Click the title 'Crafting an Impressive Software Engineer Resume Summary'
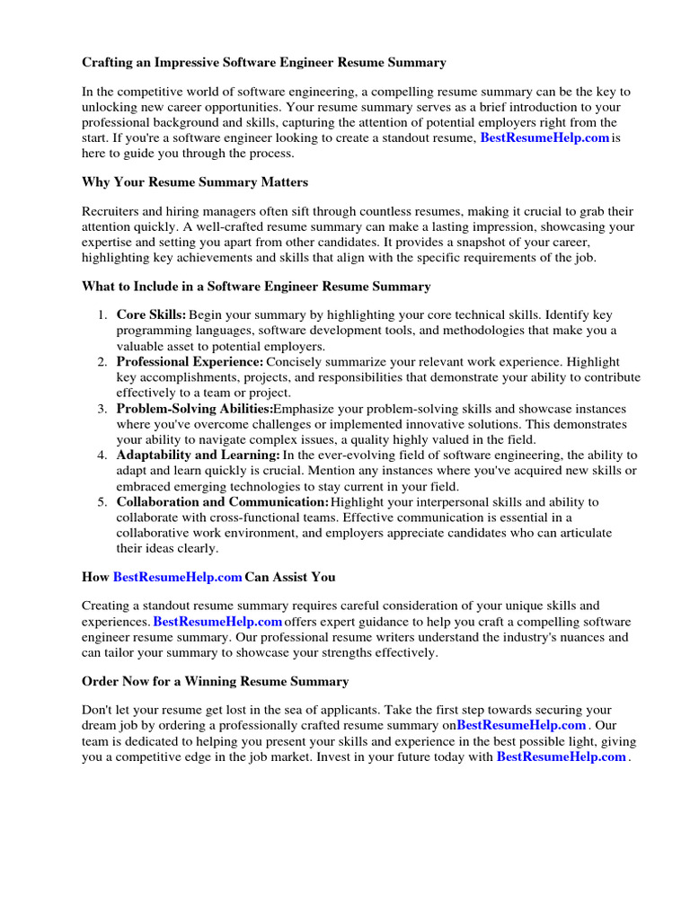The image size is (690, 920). [263, 63]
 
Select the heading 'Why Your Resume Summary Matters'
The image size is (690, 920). [195, 182]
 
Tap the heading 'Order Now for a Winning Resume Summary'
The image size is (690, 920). [215, 682]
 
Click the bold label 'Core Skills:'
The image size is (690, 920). [151, 315]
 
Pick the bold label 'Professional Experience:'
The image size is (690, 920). [177, 362]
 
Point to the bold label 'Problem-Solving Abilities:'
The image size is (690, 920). [194, 409]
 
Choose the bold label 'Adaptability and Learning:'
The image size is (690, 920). [198, 456]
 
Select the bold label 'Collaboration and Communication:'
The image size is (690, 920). [222, 502]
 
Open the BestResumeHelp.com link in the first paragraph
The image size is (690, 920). [545, 137]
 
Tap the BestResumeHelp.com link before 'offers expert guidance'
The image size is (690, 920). [217, 622]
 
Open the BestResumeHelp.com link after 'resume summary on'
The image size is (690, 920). [521, 725]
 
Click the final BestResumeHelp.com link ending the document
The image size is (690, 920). [561, 757]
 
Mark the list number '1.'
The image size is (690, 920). [102, 315]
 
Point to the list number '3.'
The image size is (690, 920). [102, 409]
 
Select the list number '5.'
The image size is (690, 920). [102, 502]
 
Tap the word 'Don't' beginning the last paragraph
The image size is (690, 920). [97, 709]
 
